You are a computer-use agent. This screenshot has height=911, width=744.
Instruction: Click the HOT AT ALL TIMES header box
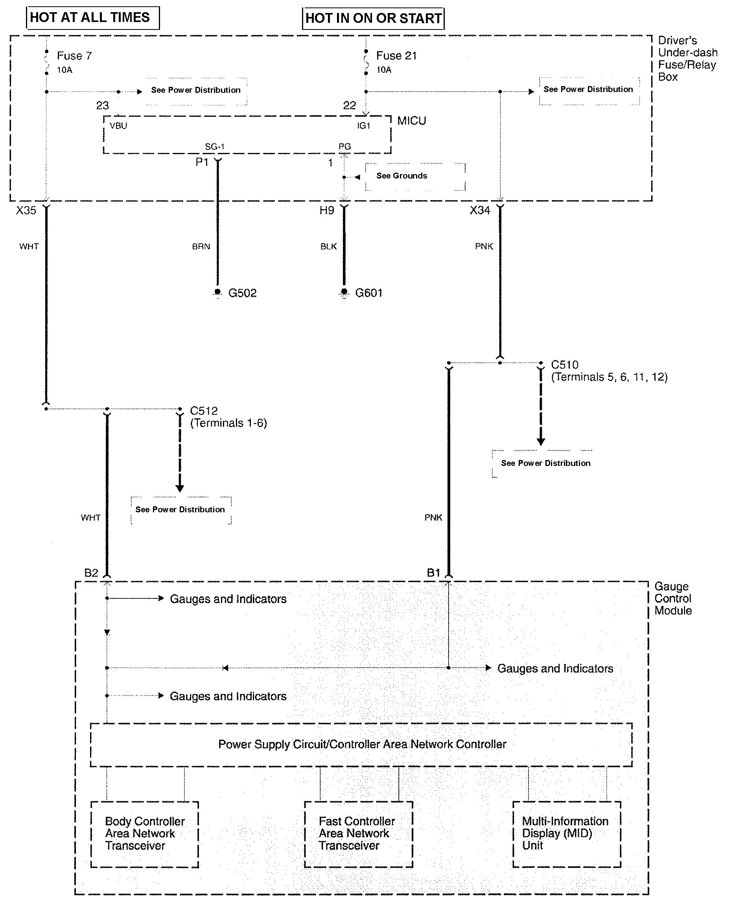point(92,18)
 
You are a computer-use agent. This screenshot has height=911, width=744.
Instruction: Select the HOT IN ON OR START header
point(373,18)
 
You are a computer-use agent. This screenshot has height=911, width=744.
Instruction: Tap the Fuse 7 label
point(74,56)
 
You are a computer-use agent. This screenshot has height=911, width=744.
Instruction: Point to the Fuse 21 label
point(396,56)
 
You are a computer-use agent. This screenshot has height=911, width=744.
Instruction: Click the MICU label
point(411,121)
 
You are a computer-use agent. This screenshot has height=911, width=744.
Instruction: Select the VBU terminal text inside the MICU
point(118,126)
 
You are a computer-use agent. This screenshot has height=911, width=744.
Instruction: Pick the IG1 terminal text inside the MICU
point(363,126)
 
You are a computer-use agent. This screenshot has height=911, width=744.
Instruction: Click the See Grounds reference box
point(414,176)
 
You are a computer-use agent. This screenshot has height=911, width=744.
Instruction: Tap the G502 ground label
point(242,293)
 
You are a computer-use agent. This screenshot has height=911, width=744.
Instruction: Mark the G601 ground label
point(368,293)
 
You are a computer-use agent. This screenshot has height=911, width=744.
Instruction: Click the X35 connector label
point(26,210)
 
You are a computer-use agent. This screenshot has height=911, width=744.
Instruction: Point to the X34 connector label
point(480,210)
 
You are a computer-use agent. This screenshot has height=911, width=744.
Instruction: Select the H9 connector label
point(326,210)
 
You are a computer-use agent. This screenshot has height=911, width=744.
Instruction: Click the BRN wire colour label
point(201,247)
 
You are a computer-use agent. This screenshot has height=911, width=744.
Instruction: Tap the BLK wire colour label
point(328,247)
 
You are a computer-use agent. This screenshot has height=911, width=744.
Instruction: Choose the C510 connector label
point(564,365)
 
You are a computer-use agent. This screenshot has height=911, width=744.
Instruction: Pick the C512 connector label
point(204,411)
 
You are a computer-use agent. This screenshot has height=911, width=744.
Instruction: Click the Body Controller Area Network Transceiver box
point(144,834)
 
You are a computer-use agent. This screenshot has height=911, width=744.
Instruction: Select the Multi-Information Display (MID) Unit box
point(567,834)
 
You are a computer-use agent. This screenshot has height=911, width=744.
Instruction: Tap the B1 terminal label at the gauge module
point(433,573)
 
